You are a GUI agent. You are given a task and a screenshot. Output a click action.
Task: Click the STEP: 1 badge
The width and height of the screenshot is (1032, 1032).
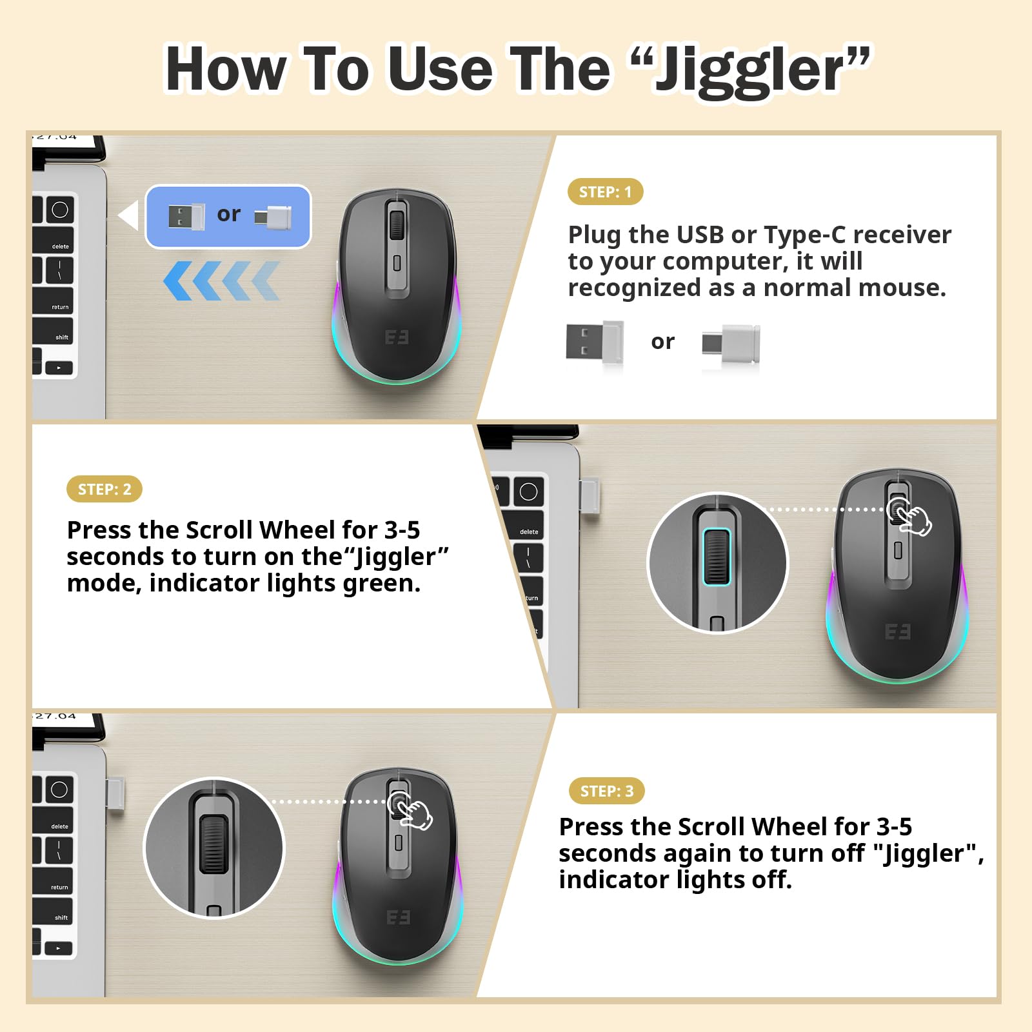(x=605, y=192)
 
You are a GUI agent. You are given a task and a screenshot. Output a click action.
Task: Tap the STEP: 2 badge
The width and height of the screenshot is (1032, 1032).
(x=104, y=489)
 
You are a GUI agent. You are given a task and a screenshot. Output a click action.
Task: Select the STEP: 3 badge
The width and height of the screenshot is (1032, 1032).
(x=606, y=791)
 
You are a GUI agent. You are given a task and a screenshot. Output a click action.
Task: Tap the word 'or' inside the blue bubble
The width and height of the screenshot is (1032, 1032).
(x=228, y=213)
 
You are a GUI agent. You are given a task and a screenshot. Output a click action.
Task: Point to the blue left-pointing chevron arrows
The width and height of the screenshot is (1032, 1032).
(x=221, y=281)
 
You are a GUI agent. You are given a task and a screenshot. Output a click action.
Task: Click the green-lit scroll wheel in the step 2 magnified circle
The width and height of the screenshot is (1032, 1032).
(x=717, y=557)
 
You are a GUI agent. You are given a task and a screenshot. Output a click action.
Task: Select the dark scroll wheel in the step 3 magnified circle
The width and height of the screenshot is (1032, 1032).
(x=213, y=844)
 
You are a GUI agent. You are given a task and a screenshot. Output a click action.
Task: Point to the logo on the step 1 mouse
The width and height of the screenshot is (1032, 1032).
(x=397, y=337)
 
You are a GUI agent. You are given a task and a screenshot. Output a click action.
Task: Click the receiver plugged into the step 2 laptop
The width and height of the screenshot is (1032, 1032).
(x=590, y=495)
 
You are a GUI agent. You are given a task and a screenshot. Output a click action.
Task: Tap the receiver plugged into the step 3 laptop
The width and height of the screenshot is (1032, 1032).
(x=116, y=795)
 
